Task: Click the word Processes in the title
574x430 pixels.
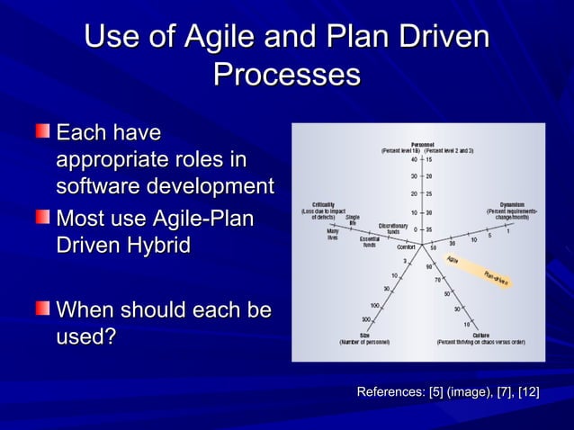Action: tap(286, 75)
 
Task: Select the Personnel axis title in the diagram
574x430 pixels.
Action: tap(424, 143)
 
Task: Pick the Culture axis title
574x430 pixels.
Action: tap(474, 336)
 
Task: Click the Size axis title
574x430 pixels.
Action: tap(365, 336)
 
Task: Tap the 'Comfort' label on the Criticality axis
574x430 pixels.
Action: tap(406, 246)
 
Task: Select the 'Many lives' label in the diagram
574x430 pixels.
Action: tap(333, 233)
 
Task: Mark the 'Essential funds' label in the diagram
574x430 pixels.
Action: tap(369, 242)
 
